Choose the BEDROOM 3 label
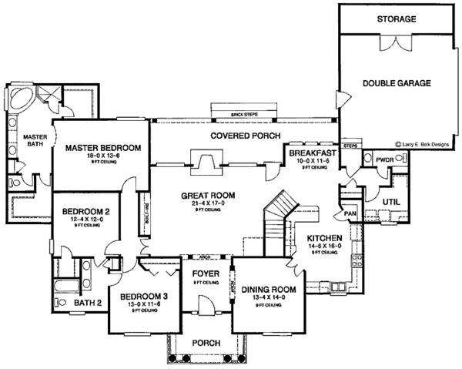pos(139,297)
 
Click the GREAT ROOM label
pos(208,195)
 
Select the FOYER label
pos(205,273)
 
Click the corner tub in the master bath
pos(22,99)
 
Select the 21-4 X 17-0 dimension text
pos(208,203)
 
